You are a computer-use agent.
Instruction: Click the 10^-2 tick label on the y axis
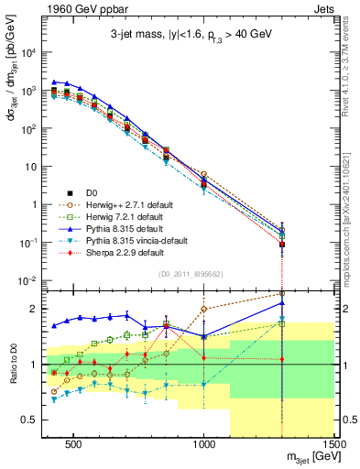pyautogui.click(x=31, y=280)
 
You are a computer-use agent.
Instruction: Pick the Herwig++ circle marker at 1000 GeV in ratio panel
pyautogui.click(x=203, y=309)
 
